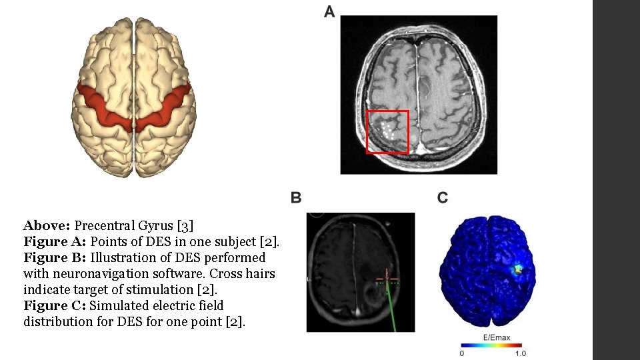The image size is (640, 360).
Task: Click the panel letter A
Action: (x=329, y=11)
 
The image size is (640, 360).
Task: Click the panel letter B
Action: (x=296, y=197)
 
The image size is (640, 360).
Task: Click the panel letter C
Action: (x=443, y=197)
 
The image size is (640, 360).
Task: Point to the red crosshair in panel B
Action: (x=386, y=278)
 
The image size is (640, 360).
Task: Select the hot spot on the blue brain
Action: (x=518, y=270)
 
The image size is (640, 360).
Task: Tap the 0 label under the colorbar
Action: (x=463, y=353)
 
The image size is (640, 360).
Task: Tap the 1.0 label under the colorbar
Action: (x=521, y=353)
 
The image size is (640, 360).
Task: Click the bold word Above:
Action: (x=47, y=225)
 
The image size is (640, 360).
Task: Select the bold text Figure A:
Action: (x=55, y=241)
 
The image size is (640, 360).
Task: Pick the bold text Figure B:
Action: (x=55, y=257)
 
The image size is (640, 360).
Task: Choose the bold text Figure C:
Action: (x=55, y=305)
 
